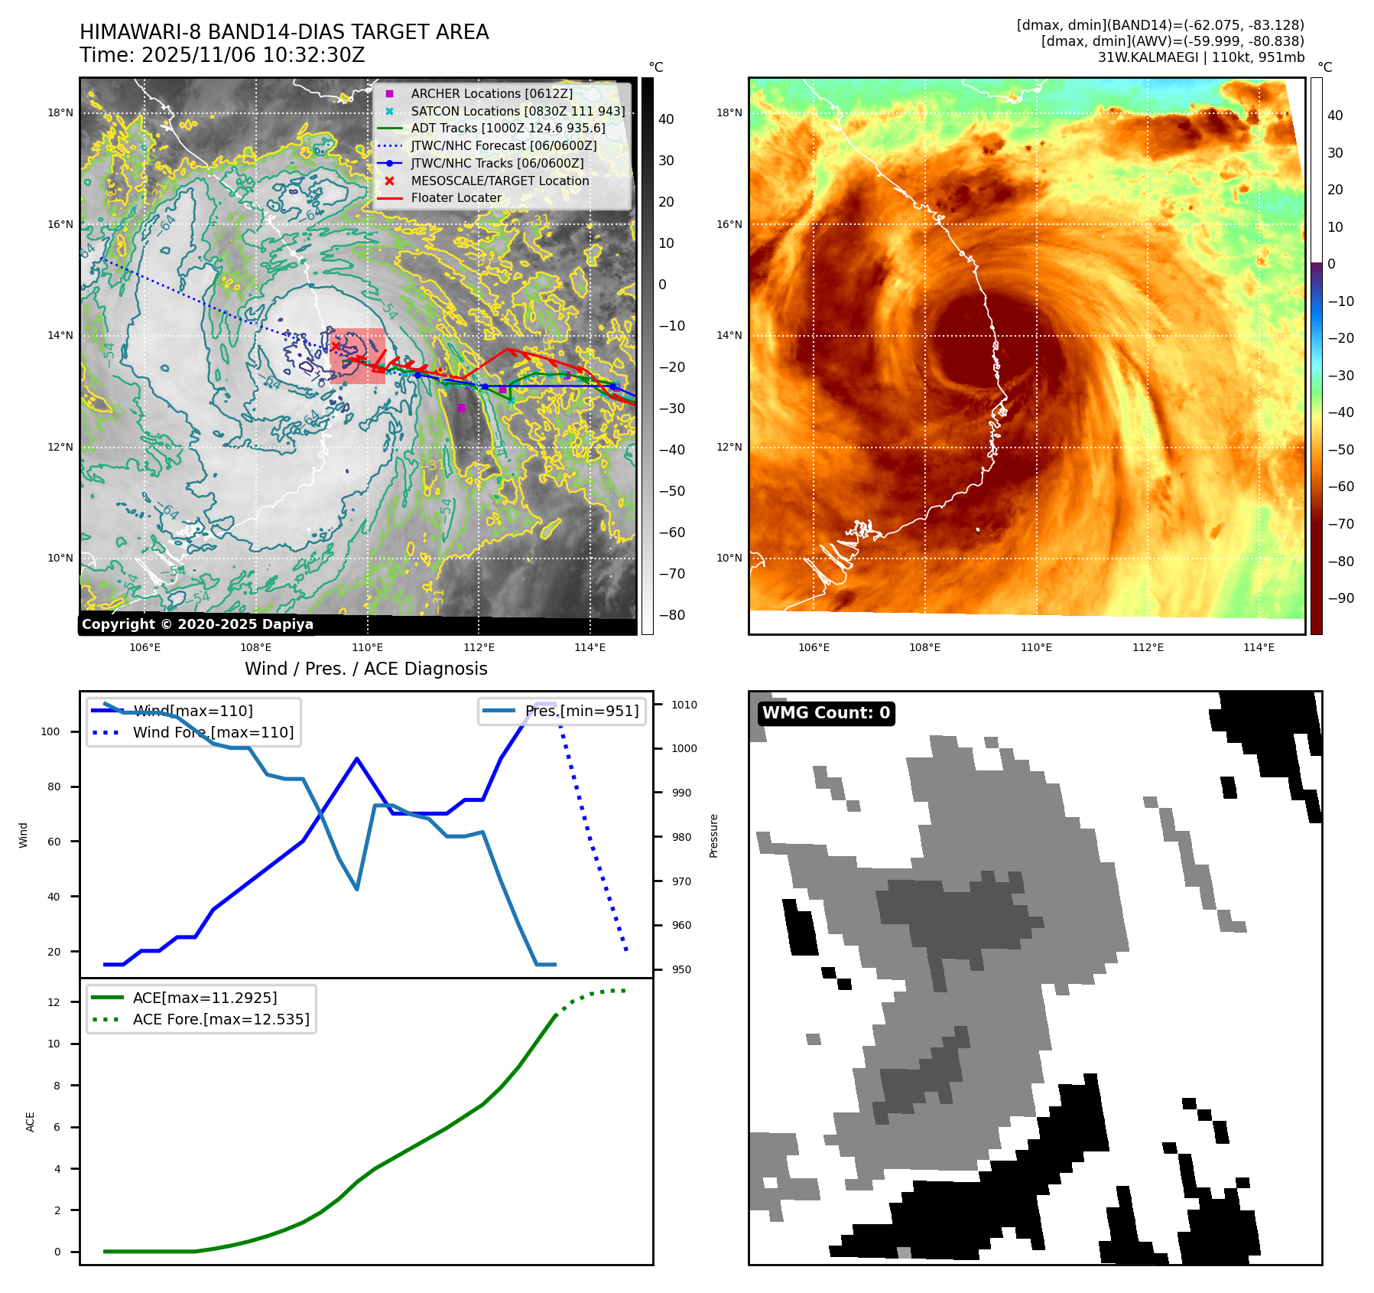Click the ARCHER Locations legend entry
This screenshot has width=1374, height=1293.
pos(491,93)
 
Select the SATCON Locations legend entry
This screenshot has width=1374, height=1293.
pos(517,111)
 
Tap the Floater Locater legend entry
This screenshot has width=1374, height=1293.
pos(456,197)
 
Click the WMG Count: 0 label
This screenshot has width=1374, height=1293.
pos(826,713)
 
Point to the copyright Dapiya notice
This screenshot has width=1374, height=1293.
pos(197,624)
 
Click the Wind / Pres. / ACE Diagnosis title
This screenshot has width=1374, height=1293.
pos(365,669)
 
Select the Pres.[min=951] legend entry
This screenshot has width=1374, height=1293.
pos(581,711)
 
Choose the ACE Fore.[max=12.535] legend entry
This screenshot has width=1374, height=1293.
pos(220,1019)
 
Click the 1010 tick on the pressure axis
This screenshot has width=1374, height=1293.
pos(684,705)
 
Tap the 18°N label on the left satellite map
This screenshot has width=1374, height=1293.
pos(60,112)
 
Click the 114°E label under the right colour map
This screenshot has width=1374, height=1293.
pos(1259,647)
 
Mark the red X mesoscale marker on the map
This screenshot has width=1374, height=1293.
pos(335,347)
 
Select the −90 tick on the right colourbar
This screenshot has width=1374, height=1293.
pos(1340,598)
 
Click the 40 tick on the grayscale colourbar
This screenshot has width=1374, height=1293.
pos(666,119)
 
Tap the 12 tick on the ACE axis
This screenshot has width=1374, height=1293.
pos(54,1002)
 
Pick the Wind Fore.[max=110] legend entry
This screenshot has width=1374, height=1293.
pos(213,732)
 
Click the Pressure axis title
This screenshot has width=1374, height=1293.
pos(713,835)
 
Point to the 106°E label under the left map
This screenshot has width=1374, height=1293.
pos(145,647)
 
